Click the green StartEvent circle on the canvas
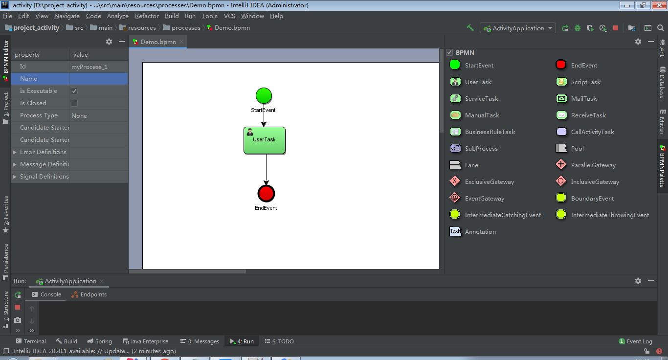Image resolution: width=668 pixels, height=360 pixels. pyautogui.click(x=264, y=95)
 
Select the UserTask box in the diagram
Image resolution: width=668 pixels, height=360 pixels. pyautogui.click(x=265, y=140)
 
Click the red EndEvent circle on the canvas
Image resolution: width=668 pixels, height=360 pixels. pyautogui.click(x=266, y=194)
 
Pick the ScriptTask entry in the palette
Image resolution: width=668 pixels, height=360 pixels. pyautogui.click(x=585, y=82)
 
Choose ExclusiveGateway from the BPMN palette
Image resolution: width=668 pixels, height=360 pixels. pyautogui.click(x=489, y=182)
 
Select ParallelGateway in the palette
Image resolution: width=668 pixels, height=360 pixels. pyautogui.click(x=593, y=165)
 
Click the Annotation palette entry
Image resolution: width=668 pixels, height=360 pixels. pyautogui.click(x=480, y=232)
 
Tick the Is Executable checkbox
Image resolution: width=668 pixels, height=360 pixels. pyautogui.click(x=74, y=91)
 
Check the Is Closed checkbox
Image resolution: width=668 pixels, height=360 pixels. pyautogui.click(x=74, y=103)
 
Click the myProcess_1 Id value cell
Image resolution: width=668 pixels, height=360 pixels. pyautogui.click(x=98, y=67)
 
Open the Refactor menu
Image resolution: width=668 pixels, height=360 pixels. pyautogui.click(x=147, y=16)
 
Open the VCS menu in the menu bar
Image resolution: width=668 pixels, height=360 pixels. pyautogui.click(x=229, y=16)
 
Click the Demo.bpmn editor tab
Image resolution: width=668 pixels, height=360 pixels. pyautogui.click(x=158, y=42)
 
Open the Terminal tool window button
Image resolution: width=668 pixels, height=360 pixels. pyautogui.click(x=31, y=341)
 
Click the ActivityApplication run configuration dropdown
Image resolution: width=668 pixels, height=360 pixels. pyautogui.click(x=518, y=28)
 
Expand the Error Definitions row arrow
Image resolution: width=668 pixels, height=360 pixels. pyautogui.click(x=15, y=152)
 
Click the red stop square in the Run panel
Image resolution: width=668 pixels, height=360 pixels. pyautogui.click(x=18, y=307)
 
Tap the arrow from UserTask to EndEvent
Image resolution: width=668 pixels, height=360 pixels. pyautogui.click(x=266, y=169)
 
